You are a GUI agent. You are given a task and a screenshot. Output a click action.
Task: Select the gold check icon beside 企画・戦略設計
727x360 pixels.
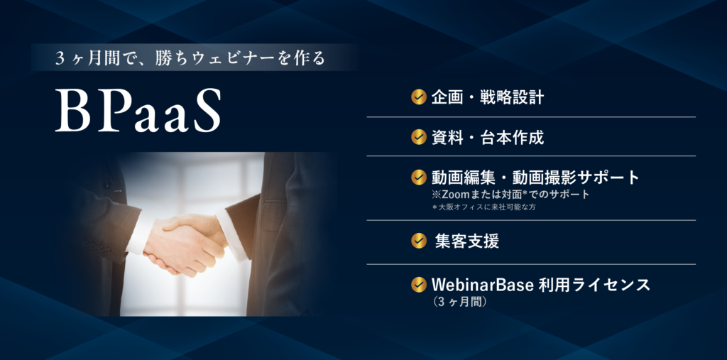[419, 97]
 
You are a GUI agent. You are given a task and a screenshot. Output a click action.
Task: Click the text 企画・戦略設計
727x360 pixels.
[488, 97]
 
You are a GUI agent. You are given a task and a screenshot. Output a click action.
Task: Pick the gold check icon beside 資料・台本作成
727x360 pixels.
[419, 137]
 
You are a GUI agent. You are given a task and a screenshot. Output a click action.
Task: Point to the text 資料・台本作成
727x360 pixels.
[488, 137]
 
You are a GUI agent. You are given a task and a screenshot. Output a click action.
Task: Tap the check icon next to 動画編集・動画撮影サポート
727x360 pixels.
[419, 177]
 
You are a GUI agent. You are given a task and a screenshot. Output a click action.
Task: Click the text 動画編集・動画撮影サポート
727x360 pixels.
[535, 177]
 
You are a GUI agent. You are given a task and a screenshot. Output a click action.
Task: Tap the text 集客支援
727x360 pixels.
[466, 241]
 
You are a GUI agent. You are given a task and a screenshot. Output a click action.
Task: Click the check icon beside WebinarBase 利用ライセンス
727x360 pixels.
[419, 285]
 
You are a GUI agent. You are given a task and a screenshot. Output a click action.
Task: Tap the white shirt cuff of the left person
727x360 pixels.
[138, 234]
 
